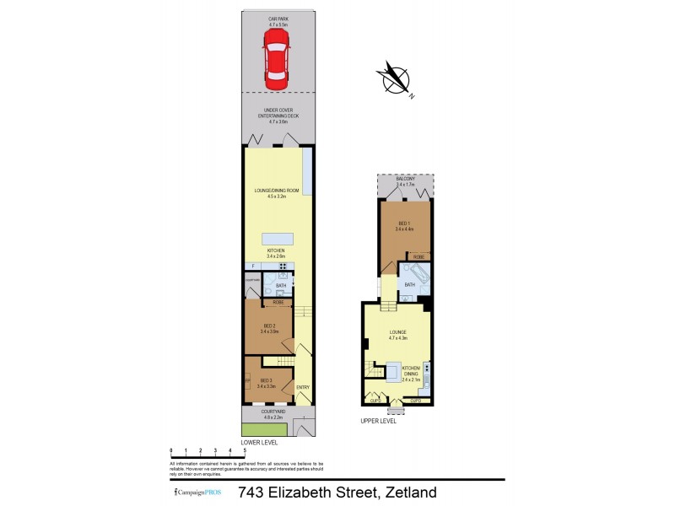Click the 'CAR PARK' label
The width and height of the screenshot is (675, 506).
click(278, 19)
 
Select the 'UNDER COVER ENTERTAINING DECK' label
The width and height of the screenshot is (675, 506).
click(278, 116)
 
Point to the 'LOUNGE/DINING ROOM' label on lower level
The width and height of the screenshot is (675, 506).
click(278, 191)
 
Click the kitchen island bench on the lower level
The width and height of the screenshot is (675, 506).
click(278, 237)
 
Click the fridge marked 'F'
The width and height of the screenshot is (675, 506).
click(251, 266)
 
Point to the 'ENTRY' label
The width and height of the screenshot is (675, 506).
click(302, 388)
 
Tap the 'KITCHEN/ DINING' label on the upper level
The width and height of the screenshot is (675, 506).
click(411, 371)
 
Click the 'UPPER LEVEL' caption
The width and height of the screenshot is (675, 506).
click(378, 421)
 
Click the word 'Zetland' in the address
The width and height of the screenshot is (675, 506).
click(411, 492)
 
